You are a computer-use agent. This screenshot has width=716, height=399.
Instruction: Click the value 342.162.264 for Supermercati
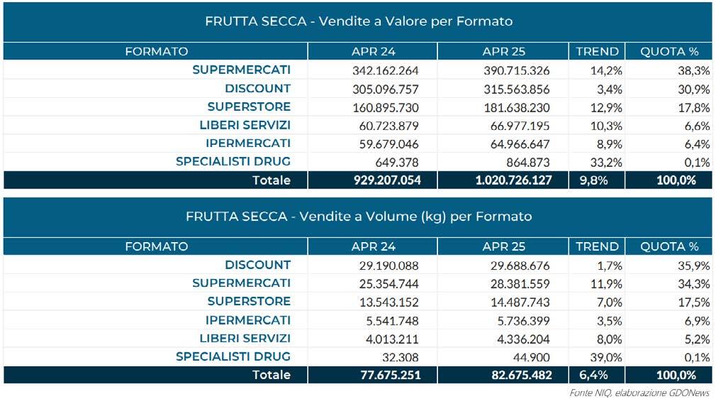386,70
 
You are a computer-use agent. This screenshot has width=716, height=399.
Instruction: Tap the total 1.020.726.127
514,180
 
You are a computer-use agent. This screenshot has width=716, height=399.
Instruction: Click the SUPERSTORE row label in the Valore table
249,106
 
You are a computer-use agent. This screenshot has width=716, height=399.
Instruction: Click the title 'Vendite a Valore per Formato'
358,21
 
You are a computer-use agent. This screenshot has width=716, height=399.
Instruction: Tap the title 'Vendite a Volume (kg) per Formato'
358,216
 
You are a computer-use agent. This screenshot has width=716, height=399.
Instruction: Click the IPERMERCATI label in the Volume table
248,320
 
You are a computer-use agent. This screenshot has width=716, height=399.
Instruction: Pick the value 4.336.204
520,339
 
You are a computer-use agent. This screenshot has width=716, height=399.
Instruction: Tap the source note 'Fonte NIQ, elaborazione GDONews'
639,392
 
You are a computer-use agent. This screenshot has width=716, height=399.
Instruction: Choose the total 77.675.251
386,375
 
